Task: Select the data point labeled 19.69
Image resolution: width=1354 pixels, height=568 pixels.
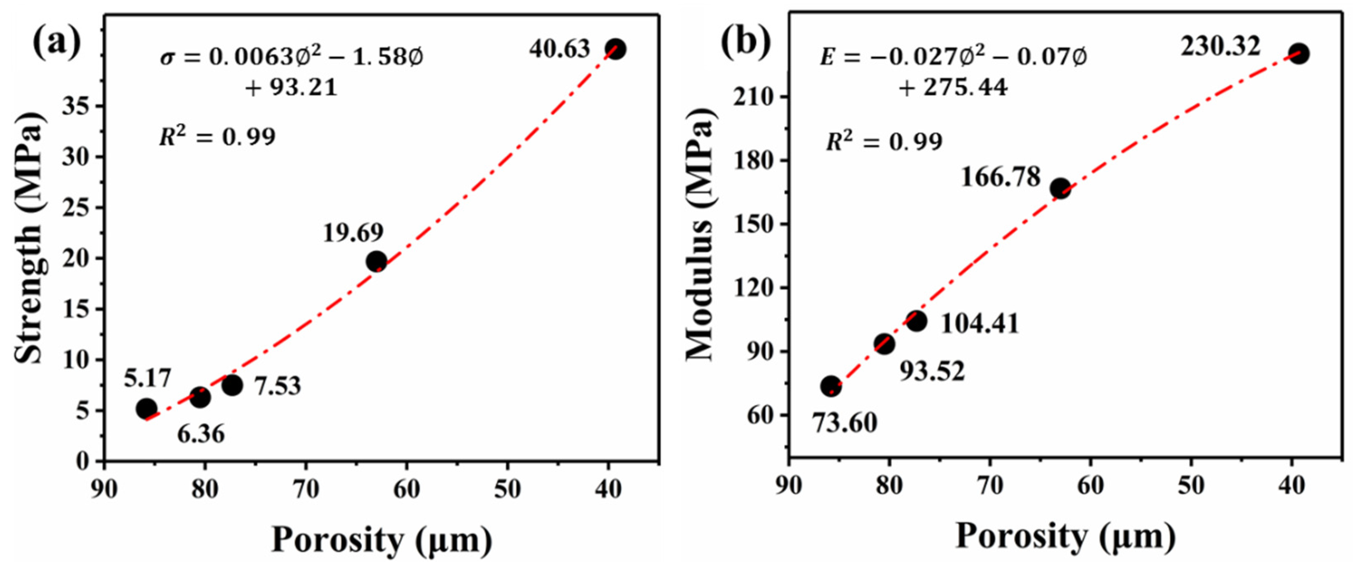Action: pyautogui.click(x=377, y=261)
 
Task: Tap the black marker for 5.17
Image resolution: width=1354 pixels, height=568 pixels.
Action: pyautogui.click(x=146, y=408)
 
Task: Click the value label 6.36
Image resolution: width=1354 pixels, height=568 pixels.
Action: pyautogui.click(x=201, y=434)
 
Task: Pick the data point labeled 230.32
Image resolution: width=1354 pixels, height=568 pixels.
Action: pyautogui.click(x=1299, y=54)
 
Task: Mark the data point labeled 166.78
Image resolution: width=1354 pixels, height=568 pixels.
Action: pyautogui.click(x=1060, y=189)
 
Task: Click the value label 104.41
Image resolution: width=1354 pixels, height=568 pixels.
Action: pyautogui.click(x=979, y=324)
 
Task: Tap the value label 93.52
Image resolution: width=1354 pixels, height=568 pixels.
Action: pyautogui.click(x=932, y=371)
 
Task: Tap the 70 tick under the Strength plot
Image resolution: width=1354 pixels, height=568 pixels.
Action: pyautogui.click(x=306, y=490)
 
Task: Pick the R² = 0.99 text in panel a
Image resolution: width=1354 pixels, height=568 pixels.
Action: pyautogui.click(x=217, y=137)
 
